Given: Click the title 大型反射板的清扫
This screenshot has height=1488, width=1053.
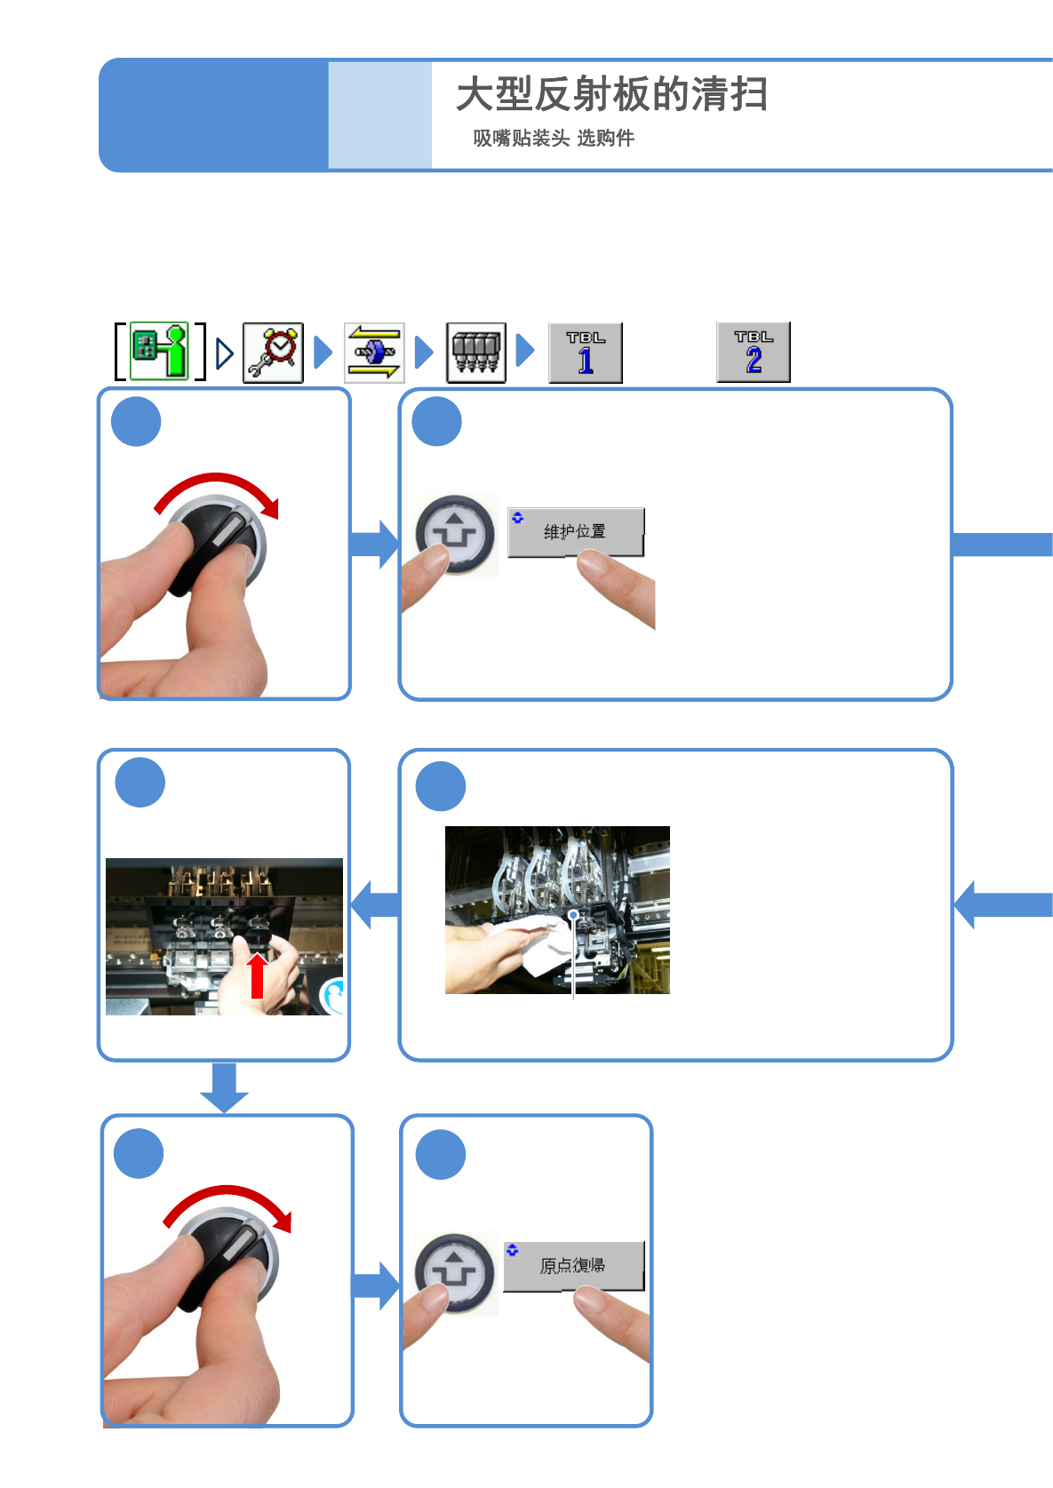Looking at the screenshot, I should (x=611, y=94).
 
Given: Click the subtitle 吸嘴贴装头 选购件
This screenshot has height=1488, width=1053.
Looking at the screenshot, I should (x=553, y=138).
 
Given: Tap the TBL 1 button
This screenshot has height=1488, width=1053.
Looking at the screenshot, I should (x=585, y=353).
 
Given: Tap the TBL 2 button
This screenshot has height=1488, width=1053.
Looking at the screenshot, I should (x=753, y=352).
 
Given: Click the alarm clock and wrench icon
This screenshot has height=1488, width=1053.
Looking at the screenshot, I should (x=273, y=353).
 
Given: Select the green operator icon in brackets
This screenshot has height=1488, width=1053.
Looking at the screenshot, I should (x=160, y=352).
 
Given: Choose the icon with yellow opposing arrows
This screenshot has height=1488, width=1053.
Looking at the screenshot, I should (x=374, y=353).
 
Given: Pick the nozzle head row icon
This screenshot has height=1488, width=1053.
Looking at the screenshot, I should (x=475, y=353).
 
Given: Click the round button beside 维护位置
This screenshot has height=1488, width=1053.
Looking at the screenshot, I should (x=456, y=534).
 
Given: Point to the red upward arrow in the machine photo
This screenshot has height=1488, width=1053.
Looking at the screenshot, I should (x=257, y=975).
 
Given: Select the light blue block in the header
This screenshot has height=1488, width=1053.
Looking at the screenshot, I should (x=379, y=115).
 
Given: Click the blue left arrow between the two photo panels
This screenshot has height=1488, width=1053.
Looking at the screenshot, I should (x=375, y=905).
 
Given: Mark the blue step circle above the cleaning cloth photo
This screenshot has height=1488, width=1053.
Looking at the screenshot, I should (x=441, y=786).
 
